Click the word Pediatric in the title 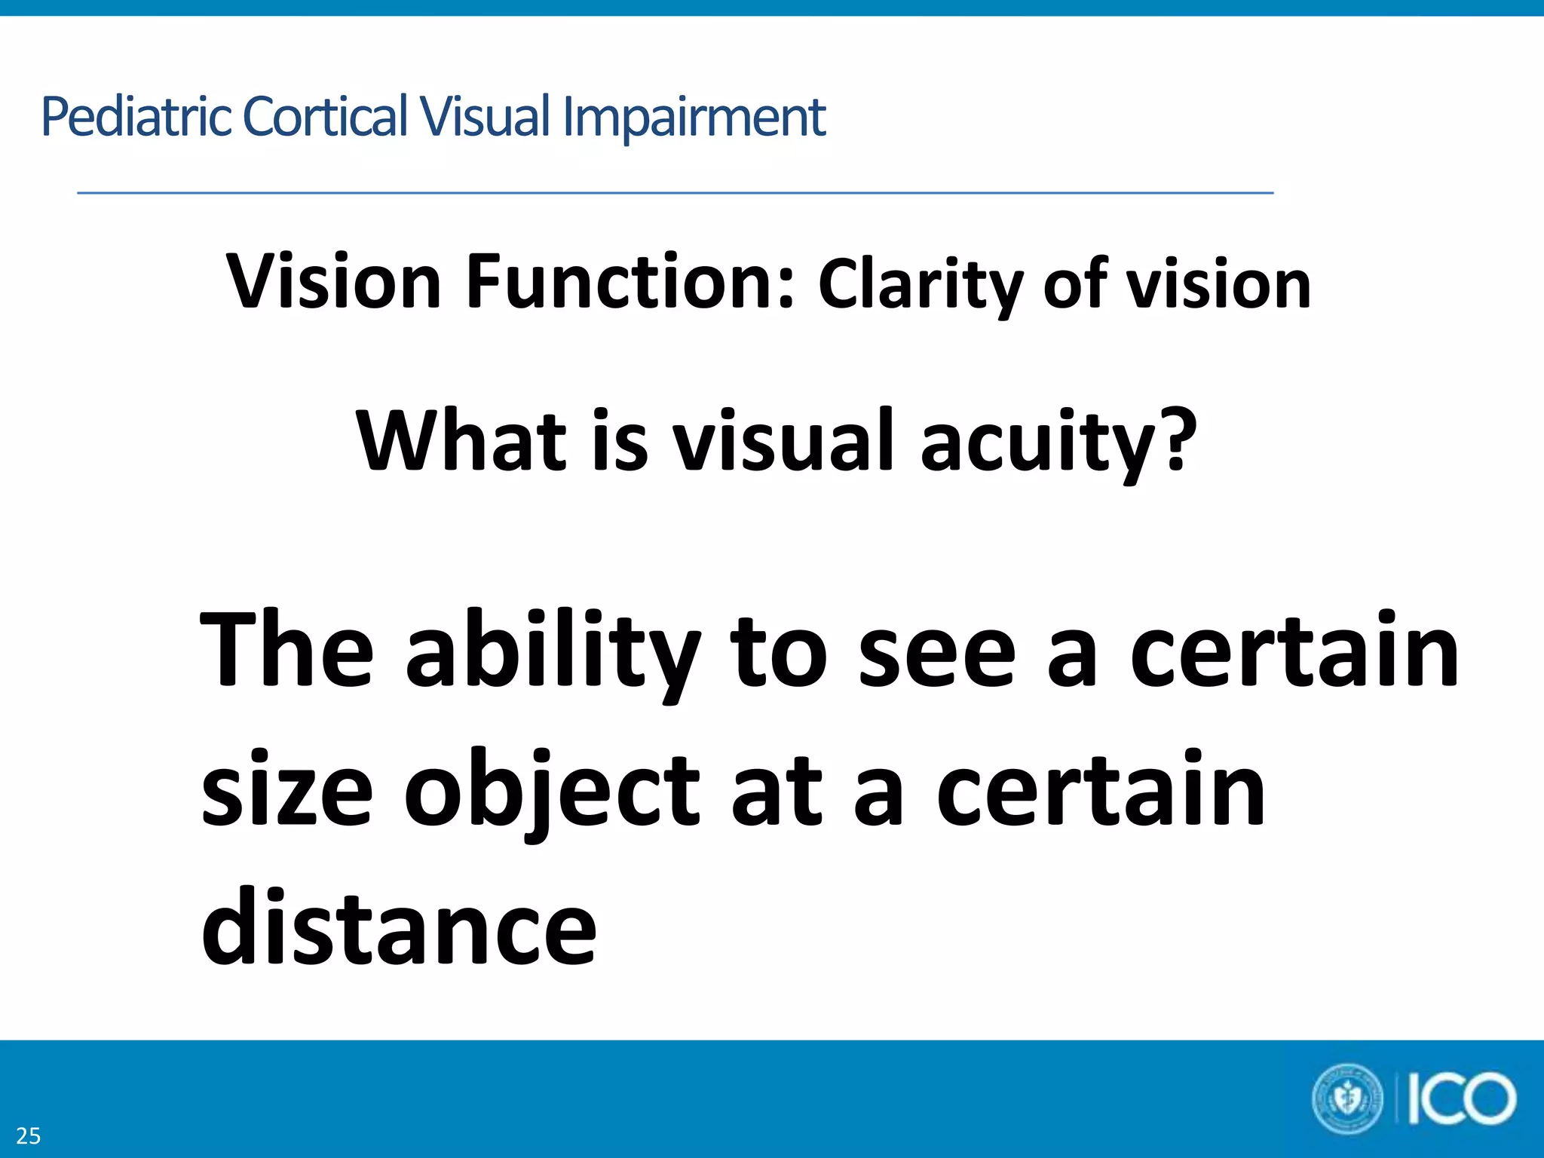click(x=136, y=117)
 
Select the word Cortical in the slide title click(x=325, y=117)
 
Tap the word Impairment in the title click(x=694, y=117)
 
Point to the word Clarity click(x=920, y=285)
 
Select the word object click(x=550, y=792)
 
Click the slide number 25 click(x=28, y=1135)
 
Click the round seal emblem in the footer click(x=1347, y=1099)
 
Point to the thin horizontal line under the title click(x=675, y=193)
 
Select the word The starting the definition click(x=286, y=650)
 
